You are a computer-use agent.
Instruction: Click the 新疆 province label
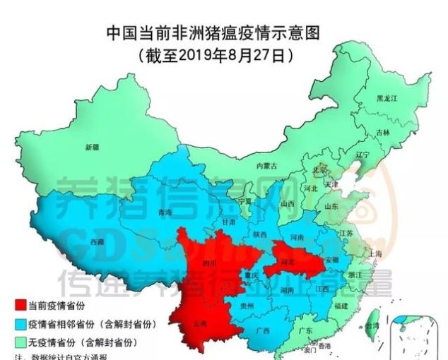coord(93,148)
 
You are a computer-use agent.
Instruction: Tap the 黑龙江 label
coord(387,99)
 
